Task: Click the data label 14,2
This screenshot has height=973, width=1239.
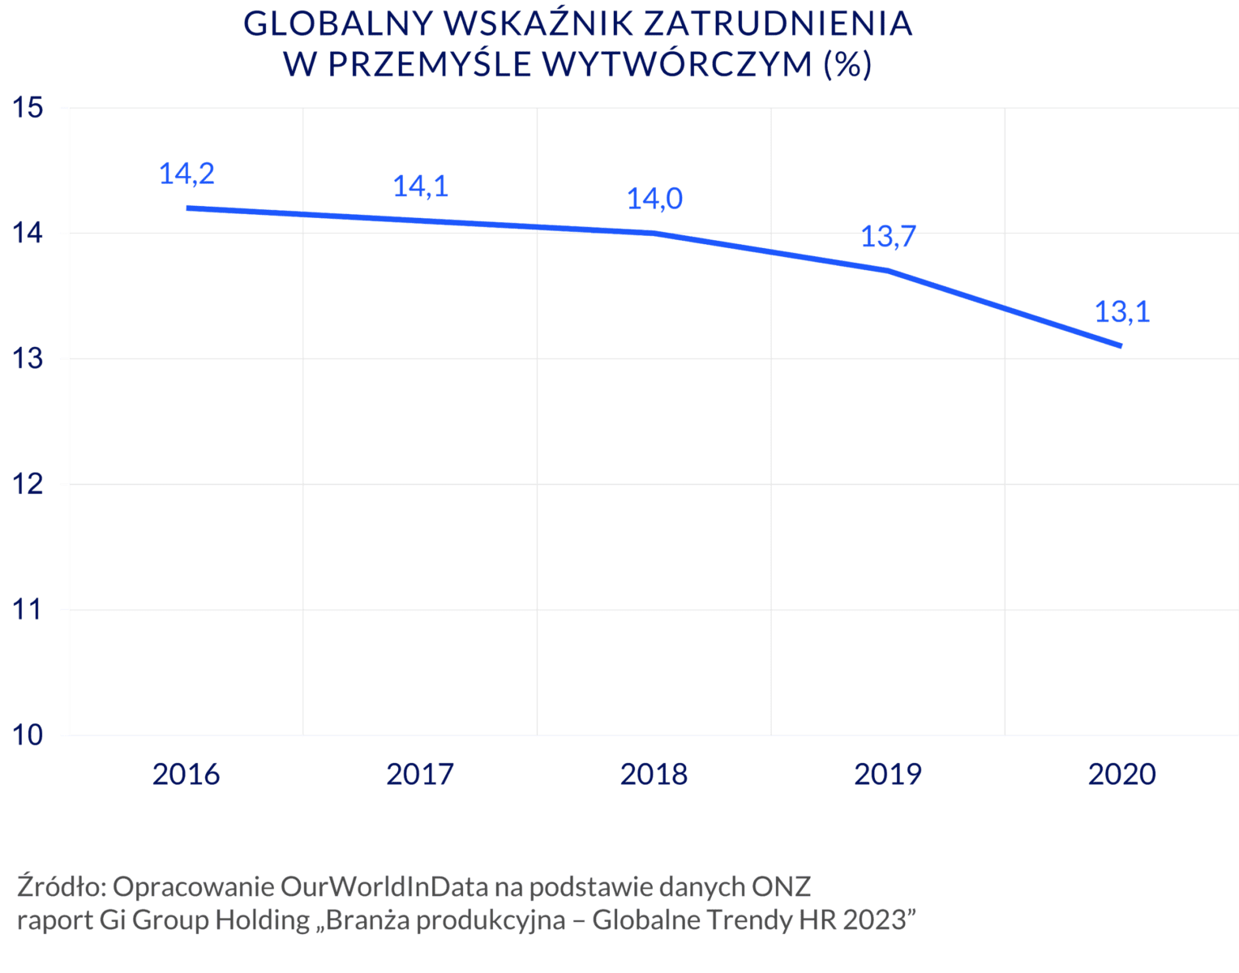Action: tap(186, 174)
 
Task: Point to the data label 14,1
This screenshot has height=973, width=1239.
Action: tap(421, 187)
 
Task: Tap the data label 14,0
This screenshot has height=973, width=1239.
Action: tap(654, 199)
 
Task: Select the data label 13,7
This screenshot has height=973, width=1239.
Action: tap(888, 238)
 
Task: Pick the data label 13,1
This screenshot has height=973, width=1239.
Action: tap(1122, 312)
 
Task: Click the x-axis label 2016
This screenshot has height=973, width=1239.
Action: tap(186, 774)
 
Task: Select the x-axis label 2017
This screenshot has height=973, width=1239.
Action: tap(419, 774)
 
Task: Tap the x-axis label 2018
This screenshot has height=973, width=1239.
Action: tap(654, 774)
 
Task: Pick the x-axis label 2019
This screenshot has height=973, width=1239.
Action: tap(887, 774)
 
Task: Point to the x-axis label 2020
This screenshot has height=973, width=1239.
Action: tap(1121, 774)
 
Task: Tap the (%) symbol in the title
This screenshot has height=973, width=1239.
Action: tap(847, 64)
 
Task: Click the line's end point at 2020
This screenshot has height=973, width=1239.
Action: tap(1121, 345)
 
